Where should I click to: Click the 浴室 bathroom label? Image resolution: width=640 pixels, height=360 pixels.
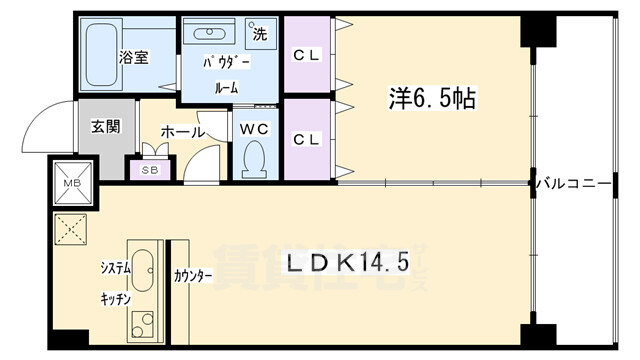pyautogui.click(x=134, y=57)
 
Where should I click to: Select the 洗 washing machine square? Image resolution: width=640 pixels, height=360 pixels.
pyautogui.click(x=259, y=34)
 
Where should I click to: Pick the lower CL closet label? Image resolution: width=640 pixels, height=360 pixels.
pyautogui.click(x=307, y=139)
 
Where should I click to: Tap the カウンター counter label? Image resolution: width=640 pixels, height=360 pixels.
pyautogui.click(x=193, y=276)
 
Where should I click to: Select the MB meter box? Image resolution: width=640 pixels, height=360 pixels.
pyautogui.click(x=73, y=183)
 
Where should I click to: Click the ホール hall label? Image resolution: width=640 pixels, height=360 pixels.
pyautogui.click(x=183, y=131)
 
